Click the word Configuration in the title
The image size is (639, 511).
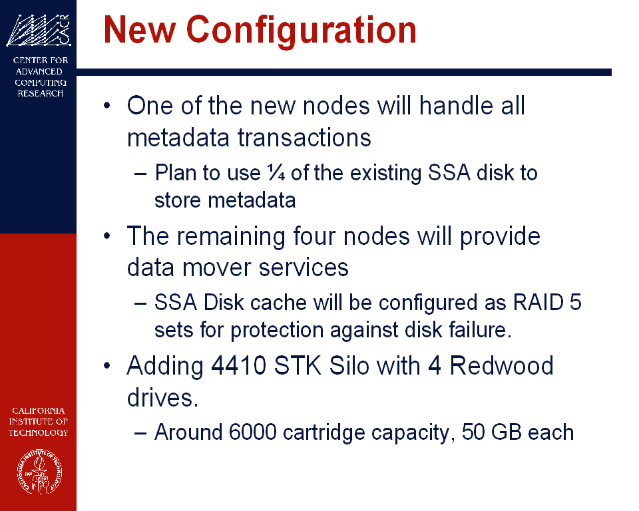tap(302, 32)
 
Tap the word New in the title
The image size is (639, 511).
tap(140, 29)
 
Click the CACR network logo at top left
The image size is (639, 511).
tap(39, 30)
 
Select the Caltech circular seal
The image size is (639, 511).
tap(39, 472)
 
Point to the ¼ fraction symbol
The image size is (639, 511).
tap(276, 173)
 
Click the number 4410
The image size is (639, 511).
tap(238, 365)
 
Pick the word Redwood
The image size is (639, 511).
tap(501, 365)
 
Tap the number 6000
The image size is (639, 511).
tap(253, 432)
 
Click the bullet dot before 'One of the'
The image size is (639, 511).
tap(107, 106)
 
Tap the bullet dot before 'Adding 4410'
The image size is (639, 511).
tap(107, 365)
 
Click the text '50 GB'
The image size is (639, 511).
tap(491, 432)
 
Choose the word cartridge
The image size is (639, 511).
tap(324, 433)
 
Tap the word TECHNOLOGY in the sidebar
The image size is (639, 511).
tap(39, 432)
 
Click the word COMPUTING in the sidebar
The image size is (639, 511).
tap(41, 83)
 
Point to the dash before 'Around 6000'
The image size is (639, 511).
tap(140, 432)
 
